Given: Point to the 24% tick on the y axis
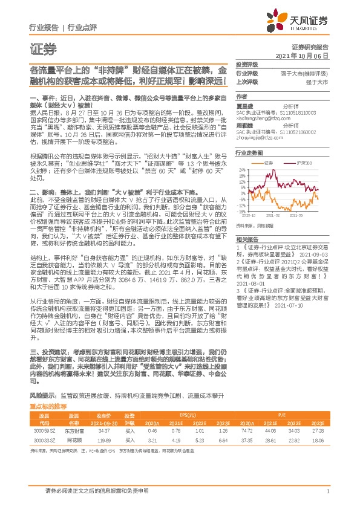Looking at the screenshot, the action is point(242,170).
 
